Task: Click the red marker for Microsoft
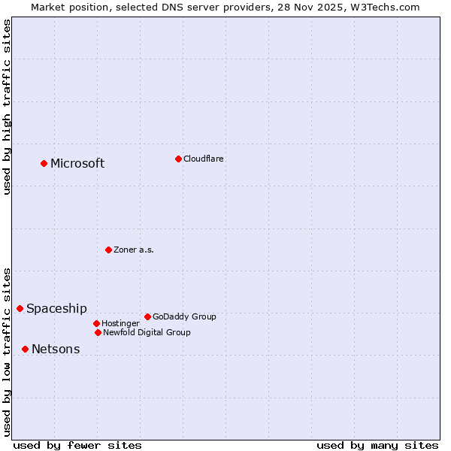(44, 163)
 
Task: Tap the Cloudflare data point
(178, 159)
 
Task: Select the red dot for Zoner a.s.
(108, 250)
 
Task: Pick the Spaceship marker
(20, 308)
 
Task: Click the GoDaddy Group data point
(147, 316)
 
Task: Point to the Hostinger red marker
(96, 323)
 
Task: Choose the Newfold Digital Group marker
(98, 332)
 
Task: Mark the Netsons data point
(25, 349)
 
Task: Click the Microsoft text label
(77, 164)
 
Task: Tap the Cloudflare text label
(203, 159)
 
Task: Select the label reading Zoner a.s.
(134, 250)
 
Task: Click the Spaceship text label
(56, 309)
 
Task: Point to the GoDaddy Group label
(184, 317)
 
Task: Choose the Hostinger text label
(120, 324)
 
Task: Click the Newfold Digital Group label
(147, 333)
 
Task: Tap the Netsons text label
(56, 350)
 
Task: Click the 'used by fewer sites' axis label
(77, 445)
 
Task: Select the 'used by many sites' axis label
(377, 445)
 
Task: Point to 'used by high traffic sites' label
(7, 107)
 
